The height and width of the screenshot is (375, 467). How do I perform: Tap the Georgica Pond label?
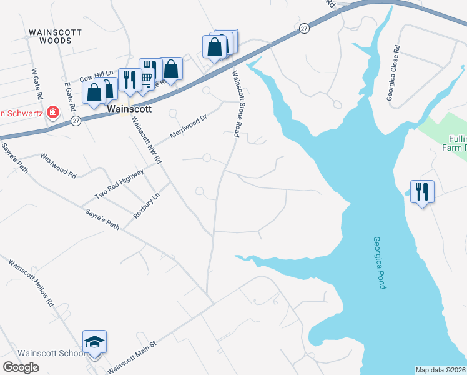(x=380, y=262)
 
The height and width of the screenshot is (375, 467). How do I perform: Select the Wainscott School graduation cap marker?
(x=94, y=342)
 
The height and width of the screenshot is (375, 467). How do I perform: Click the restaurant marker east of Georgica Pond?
(x=422, y=191)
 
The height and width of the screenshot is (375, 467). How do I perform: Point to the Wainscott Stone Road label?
(x=237, y=104)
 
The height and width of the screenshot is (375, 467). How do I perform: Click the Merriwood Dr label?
(x=189, y=127)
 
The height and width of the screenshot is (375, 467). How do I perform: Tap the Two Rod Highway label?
(x=119, y=180)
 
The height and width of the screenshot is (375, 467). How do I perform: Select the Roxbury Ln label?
(x=147, y=205)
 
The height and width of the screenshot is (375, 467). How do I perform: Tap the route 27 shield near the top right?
(x=303, y=28)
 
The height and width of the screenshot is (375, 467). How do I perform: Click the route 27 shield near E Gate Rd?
(x=75, y=121)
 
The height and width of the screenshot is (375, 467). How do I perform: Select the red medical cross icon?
(x=54, y=112)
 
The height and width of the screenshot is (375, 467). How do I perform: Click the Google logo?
(x=21, y=367)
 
